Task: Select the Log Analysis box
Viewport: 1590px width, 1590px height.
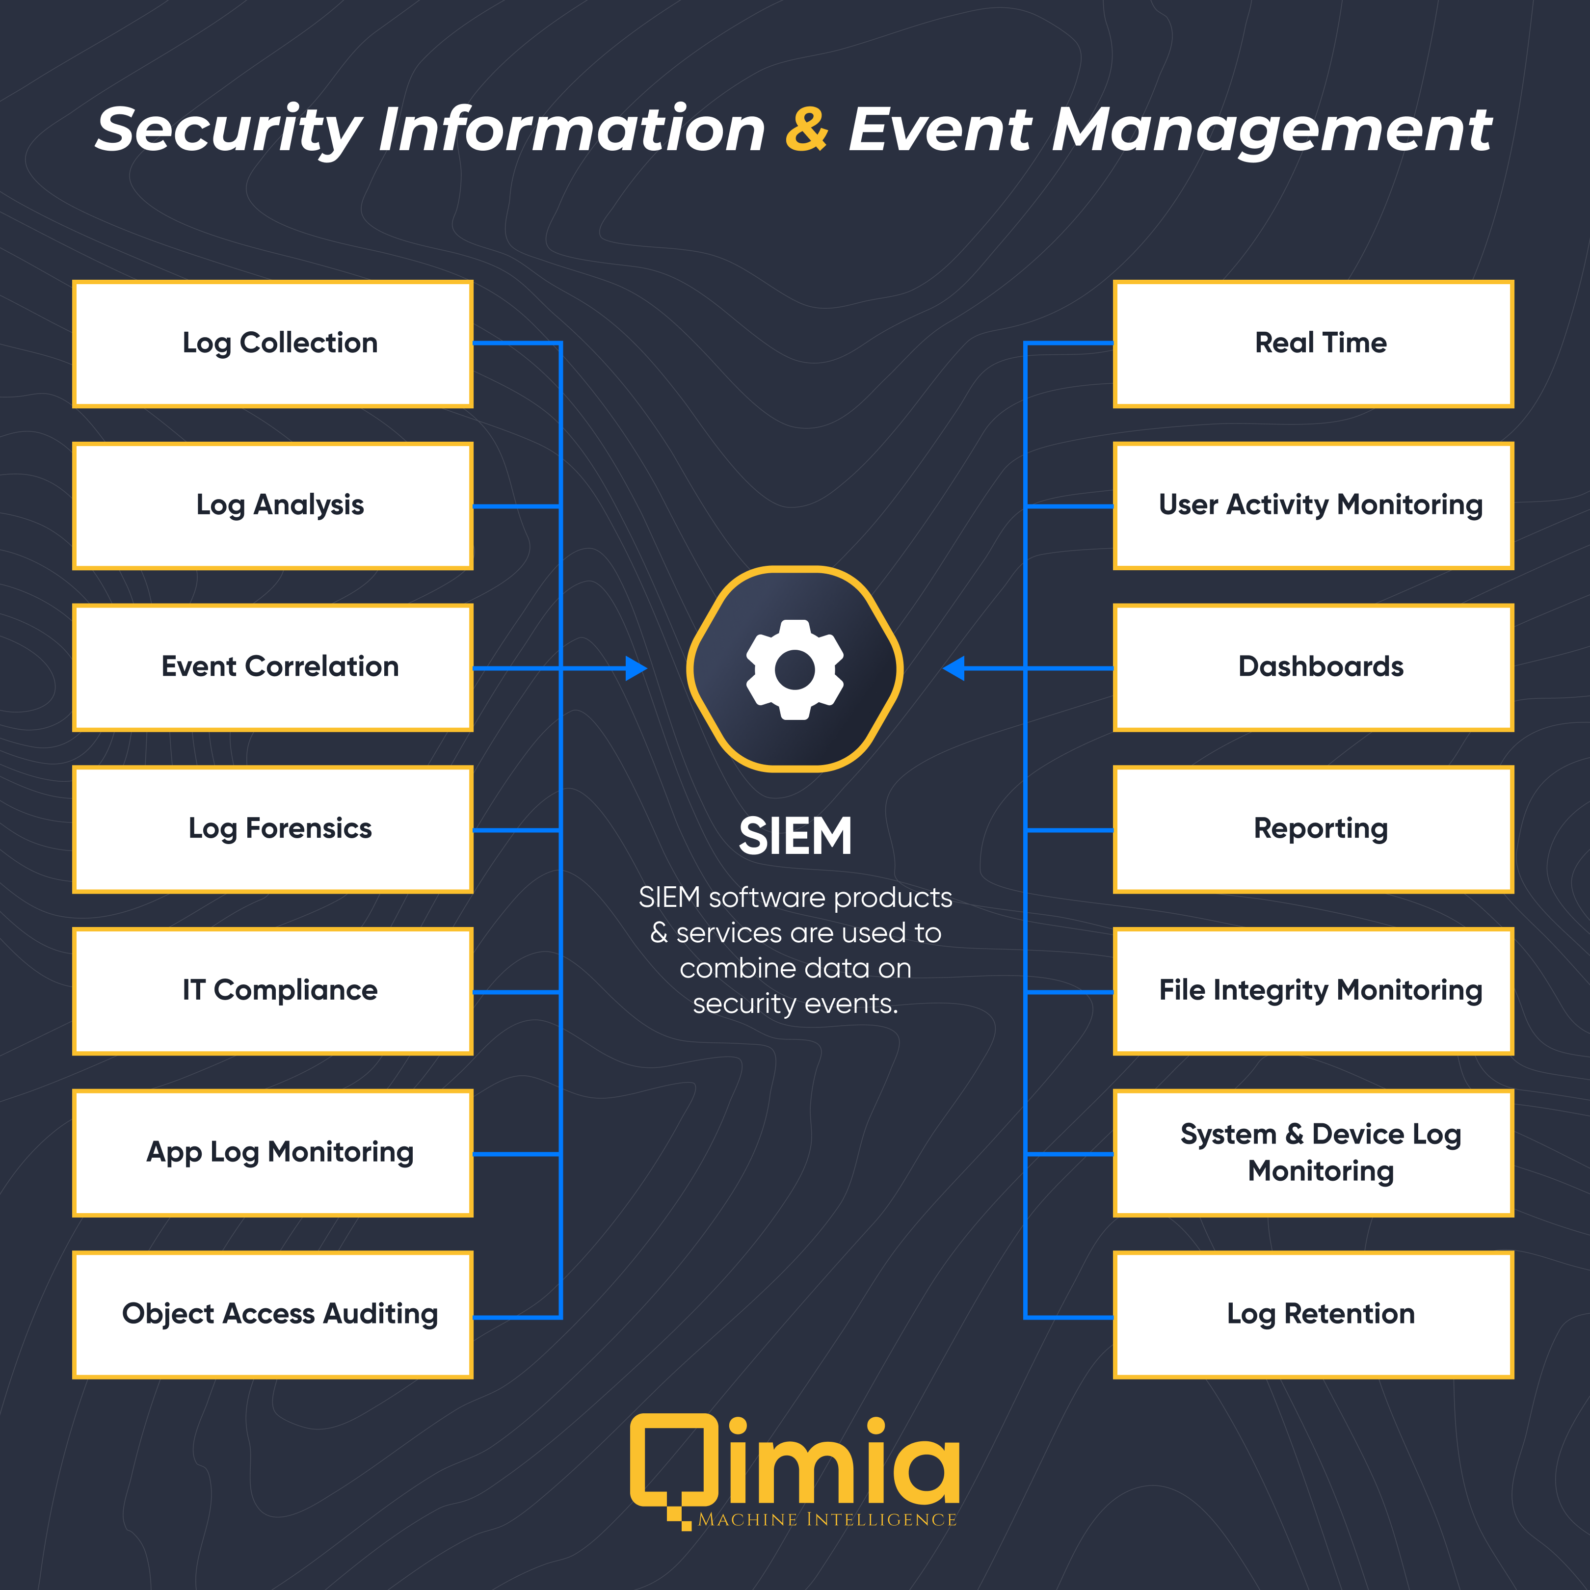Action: (272, 505)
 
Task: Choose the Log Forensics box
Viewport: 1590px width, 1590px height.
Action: (272, 829)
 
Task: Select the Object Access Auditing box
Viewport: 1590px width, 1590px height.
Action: (272, 1314)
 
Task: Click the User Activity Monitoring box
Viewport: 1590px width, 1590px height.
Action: (1314, 505)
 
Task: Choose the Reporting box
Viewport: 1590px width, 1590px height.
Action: (1314, 829)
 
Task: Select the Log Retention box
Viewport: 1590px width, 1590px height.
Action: (1314, 1314)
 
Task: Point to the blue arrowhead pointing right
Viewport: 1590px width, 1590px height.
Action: (636, 668)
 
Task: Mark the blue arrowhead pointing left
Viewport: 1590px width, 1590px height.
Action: (954, 668)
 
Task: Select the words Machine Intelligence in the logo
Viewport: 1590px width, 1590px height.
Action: (827, 1520)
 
